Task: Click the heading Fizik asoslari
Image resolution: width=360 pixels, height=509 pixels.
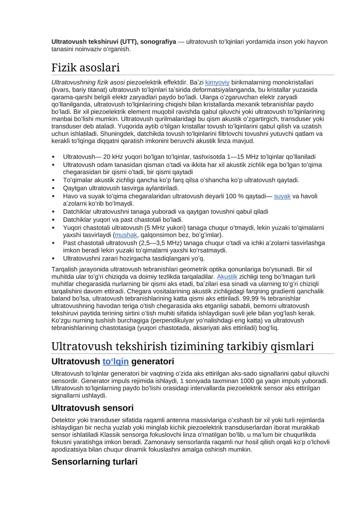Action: pyautogui.click(x=85, y=68)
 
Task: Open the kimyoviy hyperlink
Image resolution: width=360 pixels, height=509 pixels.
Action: pyautogui.click(x=217, y=82)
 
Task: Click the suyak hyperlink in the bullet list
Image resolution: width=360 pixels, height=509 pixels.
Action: pyautogui.click(x=282, y=196)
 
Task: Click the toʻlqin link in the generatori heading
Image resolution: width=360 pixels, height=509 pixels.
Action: pyautogui.click(x=116, y=361)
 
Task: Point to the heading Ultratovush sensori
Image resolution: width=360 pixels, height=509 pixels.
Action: pyautogui.click(x=92, y=408)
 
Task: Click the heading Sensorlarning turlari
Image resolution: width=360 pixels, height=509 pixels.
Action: pyautogui.click(x=94, y=462)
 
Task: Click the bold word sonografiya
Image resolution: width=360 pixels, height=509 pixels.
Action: pyautogui.click(x=158, y=42)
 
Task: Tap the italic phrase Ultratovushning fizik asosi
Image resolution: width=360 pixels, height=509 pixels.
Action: pyautogui.click(x=88, y=82)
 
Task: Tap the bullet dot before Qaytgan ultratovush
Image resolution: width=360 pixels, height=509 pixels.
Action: pyautogui.click(x=54, y=188)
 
